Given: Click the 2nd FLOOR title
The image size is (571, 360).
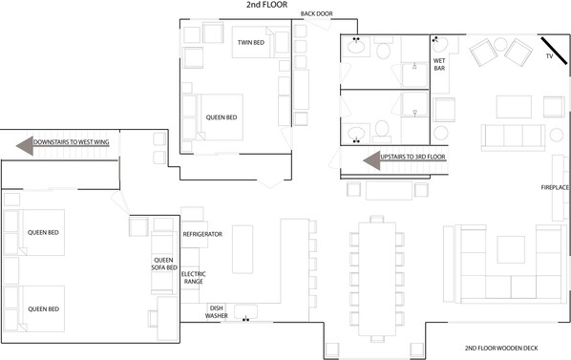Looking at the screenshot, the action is click(x=266, y=5).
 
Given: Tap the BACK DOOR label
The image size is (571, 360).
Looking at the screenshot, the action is click(x=316, y=13).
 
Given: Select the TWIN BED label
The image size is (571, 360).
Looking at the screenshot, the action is click(x=251, y=43).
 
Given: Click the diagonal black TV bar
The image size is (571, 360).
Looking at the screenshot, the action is click(x=554, y=51).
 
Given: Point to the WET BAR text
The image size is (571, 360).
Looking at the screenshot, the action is click(x=439, y=64).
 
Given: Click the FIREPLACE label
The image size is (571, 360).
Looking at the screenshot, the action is click(x=555, y=188).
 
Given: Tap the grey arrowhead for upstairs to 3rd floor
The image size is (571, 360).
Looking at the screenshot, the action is click(x=371, y=160).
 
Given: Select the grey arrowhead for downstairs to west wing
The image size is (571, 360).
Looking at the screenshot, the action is click(x=25, y=145).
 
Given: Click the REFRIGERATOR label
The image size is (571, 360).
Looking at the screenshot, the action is click(x=202, y=234).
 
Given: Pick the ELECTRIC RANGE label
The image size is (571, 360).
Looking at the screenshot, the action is click(x=194, y=278).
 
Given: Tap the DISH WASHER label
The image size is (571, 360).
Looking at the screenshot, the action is click(x=217, y=312).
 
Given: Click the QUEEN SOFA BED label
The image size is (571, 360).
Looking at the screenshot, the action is click(x=164, y=264).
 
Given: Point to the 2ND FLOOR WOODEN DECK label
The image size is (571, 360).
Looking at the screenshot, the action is click(x=501, y=349).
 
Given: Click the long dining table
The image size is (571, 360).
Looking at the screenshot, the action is click(x=377, y=279).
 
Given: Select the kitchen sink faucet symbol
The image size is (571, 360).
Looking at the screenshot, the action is click(x=246, y=319).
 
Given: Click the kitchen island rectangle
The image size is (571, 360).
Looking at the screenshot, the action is click(x=243, y=249).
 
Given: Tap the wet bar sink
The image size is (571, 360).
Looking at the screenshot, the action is click(x=440, y=45).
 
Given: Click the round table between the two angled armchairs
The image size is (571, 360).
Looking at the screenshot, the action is click(x=500, y=45).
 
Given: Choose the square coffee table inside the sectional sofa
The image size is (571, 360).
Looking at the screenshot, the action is click(x=511, y=249).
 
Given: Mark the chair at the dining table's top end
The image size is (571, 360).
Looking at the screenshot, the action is click(x=377, y=219).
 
